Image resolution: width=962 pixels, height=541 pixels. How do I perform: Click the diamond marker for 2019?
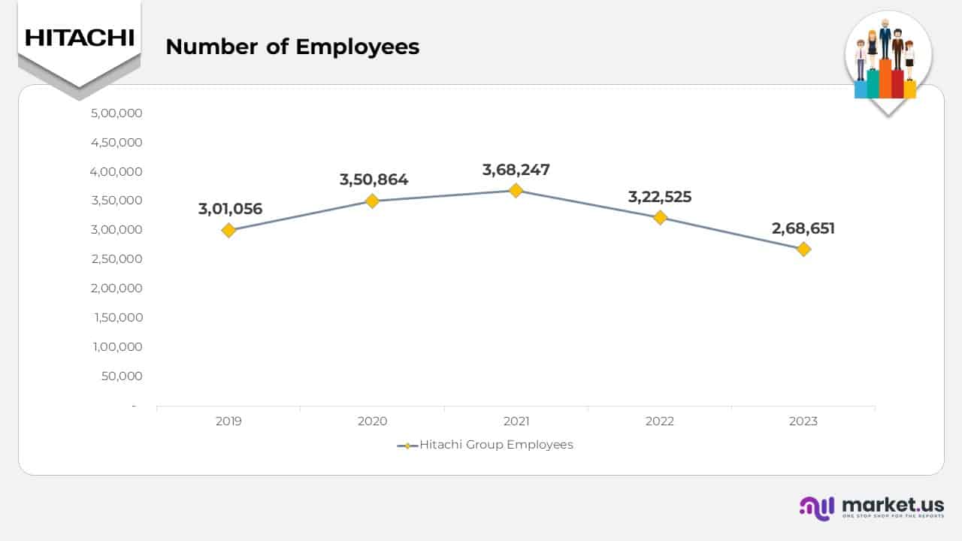click(228, 230)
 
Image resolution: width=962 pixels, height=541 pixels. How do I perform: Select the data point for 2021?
click(516, 190)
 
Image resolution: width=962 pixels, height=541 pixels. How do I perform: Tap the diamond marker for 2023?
click(803, 249)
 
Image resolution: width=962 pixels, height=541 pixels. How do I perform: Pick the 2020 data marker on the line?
click(372, 201)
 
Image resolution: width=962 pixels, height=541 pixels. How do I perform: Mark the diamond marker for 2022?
click(660, 217)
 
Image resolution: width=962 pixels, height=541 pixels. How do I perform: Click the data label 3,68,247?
click(516, 170)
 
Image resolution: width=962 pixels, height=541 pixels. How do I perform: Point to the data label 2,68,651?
click(803, 228)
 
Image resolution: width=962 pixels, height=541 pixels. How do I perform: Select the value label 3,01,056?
click(230, 209)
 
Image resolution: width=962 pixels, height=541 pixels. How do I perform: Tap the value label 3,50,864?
click(374, 180)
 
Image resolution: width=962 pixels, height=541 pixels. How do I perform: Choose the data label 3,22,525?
click(659, 197)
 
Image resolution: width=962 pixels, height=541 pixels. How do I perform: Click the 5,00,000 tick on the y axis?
click(116, 113)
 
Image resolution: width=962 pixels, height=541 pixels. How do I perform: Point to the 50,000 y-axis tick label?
click(122, 376)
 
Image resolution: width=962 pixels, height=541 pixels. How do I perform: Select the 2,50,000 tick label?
click(116, 259)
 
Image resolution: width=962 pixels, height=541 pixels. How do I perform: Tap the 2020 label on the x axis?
click(372, 422)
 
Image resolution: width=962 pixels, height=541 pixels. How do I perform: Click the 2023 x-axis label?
click(803, 422)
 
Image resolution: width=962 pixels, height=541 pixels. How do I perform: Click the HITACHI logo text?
click(79, 38)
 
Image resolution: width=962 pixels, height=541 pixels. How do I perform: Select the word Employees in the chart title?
click(357, 47)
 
